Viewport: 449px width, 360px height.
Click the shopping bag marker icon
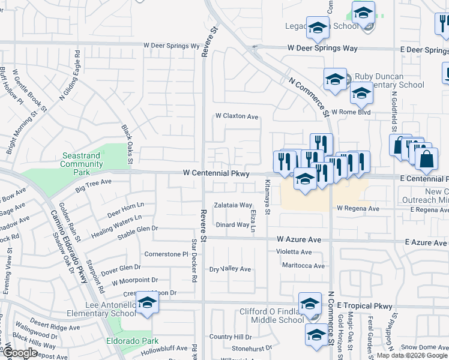pyautogui.click(x=426, y=159)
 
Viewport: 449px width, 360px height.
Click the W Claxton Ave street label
pyautogui.click(x=237, y=116)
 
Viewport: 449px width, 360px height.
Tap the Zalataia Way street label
pyautogui.click(x=234, y=205)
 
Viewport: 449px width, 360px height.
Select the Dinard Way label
pyautogui.click(x=232, y=225)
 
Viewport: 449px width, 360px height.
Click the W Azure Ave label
pyautogui.click(x=300, y=239)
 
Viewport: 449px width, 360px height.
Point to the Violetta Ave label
pyautogui.click(x=294, y=252)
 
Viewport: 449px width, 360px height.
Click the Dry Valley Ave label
pyautogui.click(x=230, y=269)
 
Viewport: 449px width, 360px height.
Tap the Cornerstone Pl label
pyautogui.click(x=166, y=254)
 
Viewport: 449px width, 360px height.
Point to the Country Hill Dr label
pyautogui.click(x=230, y=337)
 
